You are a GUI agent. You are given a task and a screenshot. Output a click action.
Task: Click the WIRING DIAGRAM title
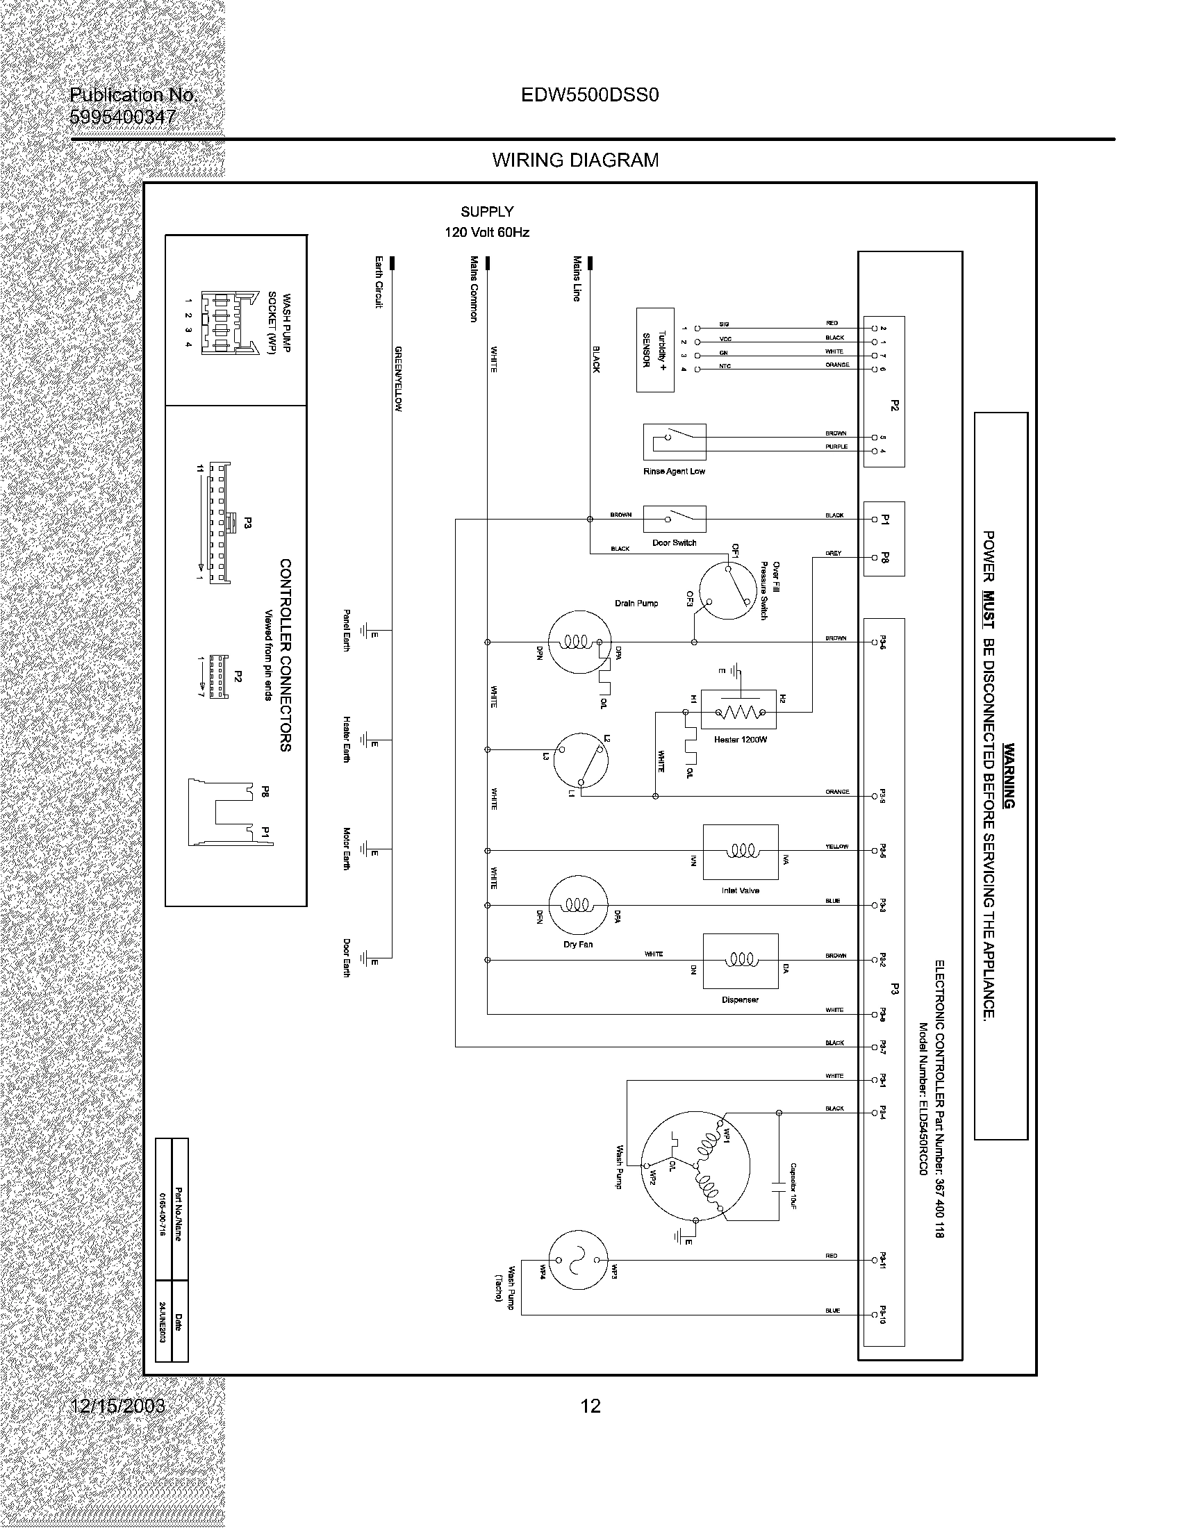[x=575, y=160]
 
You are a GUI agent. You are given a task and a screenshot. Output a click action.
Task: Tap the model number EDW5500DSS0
[x=590, y=95]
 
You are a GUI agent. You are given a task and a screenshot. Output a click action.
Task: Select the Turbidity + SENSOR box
[x=655, y=350]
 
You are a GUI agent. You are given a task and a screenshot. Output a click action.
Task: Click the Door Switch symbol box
[x=675, y=518]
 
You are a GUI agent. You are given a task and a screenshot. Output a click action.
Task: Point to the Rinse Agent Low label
[x=674, y=472]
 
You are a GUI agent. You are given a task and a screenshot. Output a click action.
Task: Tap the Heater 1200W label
[x=741, y=740]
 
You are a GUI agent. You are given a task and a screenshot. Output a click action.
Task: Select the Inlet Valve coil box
[x=741, y=851]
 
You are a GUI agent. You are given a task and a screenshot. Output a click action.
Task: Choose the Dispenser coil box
[x=741, y=960]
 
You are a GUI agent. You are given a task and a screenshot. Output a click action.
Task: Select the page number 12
[x=590, y=1406]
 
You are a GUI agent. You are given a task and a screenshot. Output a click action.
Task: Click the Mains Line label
[x=577, y=279]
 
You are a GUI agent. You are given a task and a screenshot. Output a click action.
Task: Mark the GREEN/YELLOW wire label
[x=397, y=379]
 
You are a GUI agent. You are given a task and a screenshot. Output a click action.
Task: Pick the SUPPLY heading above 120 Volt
[x=487, y=211]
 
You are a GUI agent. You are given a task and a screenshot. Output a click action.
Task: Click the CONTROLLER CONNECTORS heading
[x=286, y=655]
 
